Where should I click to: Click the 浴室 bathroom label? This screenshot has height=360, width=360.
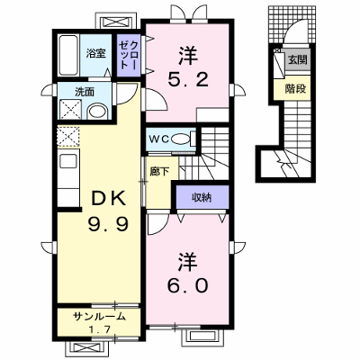[95, 53]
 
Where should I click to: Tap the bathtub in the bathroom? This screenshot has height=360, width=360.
[68, 56]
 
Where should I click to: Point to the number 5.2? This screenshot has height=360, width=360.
[188, 80]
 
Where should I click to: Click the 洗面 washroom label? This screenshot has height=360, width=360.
[85, 92]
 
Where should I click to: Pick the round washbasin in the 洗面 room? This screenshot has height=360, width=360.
[97, 112]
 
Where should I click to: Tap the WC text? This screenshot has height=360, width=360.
[160, 139]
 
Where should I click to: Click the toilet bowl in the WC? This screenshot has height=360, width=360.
[181, 139]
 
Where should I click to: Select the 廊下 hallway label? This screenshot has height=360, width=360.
[159, 172]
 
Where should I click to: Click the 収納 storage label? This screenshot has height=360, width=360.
[202, 197]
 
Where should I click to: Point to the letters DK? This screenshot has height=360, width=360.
[108, 198]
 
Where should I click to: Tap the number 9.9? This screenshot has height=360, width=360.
[108, 224]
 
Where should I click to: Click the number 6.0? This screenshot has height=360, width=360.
[188, 285]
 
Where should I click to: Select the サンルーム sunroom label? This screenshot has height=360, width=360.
[99, 316]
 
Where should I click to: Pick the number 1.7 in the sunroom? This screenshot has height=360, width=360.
[98, 329]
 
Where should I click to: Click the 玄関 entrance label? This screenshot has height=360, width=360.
[297, 60]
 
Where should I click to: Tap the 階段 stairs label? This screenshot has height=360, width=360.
[295, 89]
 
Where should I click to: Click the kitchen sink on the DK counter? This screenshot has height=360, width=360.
[68, 162]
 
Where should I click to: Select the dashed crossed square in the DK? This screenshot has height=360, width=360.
[68, 137]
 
